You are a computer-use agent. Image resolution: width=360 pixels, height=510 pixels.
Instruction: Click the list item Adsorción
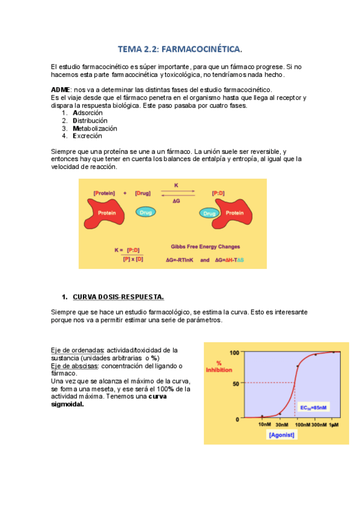click(88, 112)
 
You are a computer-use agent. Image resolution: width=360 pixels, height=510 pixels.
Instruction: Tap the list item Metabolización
click(95, 128)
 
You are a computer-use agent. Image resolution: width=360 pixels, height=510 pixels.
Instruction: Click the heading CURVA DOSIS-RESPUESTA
click(118, 296)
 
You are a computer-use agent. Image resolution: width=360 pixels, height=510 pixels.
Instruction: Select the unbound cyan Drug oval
click(144, 212)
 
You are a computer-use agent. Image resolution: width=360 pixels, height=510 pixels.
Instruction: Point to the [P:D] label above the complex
click(220, 192)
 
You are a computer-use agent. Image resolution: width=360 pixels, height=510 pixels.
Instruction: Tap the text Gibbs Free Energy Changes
click(206, 247)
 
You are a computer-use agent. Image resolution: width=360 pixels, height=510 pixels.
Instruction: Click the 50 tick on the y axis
click(235, 382)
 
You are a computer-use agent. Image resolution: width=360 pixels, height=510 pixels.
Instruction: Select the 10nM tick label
click(264, 425)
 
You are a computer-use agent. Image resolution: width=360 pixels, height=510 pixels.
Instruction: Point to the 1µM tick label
click(334, 425)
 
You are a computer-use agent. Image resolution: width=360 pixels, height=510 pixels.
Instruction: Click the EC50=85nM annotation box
click(314, 407)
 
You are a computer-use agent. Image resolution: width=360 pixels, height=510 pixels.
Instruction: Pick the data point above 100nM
click(297, 366)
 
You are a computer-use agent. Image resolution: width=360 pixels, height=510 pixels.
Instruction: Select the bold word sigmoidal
click(67, 404)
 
